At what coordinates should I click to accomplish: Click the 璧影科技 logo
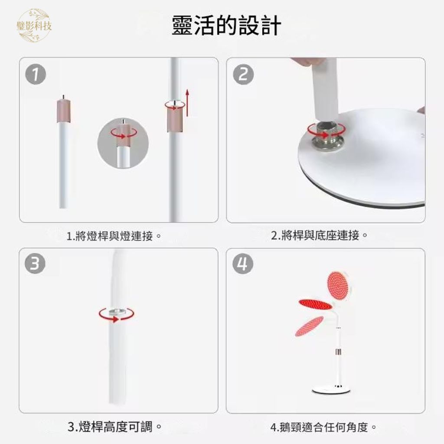tap(34, 26)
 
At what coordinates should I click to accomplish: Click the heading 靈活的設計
tap(226, 26)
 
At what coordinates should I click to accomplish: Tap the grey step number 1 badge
tap(36, 75)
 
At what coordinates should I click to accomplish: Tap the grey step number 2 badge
tap(243, 75)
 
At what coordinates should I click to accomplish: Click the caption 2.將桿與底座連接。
tap(319, 235)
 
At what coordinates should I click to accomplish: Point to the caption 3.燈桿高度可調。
tap(114, 427)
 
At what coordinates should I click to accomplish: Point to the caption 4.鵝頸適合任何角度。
tap(323, 427)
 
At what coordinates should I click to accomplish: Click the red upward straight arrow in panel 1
tap(187, 103)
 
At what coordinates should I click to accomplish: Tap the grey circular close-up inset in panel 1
tap(123, 143)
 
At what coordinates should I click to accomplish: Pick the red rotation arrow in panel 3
tap(116, 314)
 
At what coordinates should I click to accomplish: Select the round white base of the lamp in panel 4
tap(331, 391)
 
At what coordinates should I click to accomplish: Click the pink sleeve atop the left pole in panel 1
tap(64, 111)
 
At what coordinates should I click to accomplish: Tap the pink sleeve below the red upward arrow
tap(175, 121)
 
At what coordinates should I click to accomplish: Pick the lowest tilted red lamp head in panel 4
tap(309, 326)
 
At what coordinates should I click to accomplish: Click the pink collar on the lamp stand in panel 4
tap(338, 352)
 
